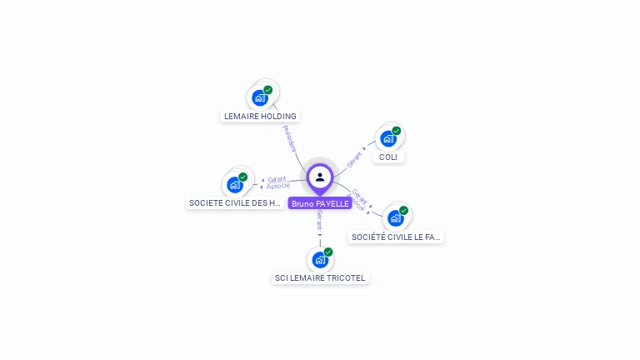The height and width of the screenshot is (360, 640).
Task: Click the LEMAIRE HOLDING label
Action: tap(260, 117)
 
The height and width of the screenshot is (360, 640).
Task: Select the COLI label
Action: tap(387, 157)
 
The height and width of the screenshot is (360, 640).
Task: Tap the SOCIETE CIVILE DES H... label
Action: tap(235, 202)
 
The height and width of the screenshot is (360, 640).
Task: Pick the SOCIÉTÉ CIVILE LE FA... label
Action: tap(396, 237)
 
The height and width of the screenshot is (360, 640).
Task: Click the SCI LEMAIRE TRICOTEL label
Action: tap(320, 277)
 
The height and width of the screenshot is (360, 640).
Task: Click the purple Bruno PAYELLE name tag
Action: tap(320, 203)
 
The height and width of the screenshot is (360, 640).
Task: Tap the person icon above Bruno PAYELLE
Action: tap(320, 177)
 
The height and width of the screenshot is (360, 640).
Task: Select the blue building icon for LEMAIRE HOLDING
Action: tap(260, 97)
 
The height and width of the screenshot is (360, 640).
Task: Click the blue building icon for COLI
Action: tap(387, 138)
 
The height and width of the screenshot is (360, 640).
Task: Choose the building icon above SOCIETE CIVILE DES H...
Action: tap(234, 184)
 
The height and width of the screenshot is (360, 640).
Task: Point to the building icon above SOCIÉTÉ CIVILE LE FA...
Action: tap(395, 217)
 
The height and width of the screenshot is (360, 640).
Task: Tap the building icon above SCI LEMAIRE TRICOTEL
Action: tap(320, 259)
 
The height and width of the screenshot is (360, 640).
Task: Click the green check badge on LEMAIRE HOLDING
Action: tap(268, 89)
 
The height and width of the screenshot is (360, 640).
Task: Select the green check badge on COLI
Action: tap(397, 130)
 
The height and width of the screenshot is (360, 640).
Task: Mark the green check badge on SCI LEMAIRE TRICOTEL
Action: tap(328, 251)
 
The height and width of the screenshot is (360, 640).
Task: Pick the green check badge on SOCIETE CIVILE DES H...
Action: tap(243, 176)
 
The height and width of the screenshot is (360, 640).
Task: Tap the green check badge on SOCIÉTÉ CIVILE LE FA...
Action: tap(404, 210)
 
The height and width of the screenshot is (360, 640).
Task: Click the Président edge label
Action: tap(289, 137)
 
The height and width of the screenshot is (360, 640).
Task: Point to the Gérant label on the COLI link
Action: tap(354, 157)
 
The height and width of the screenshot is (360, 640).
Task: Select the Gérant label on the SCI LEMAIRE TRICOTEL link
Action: tap(320, 222)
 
